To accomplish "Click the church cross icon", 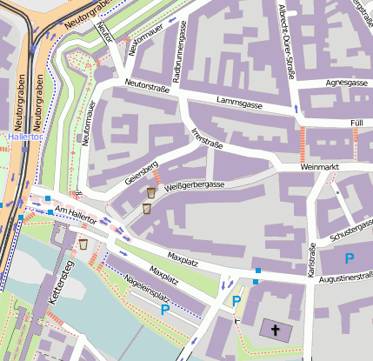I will (x=275, y=331).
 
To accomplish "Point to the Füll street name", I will (x=356, y=124).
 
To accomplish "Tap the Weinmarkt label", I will (x=317, y=165).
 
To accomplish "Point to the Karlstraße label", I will (x=310, y=260).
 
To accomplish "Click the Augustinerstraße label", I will (x=345, y=278).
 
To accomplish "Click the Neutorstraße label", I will (x=145, y=84).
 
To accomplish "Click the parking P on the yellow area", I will (x=236, y=301).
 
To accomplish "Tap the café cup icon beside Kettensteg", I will (x=83, y=244).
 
